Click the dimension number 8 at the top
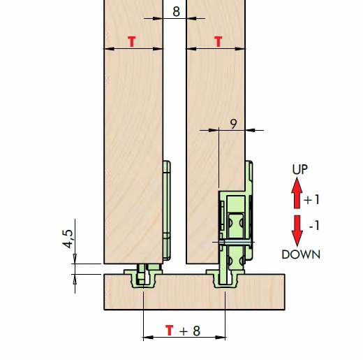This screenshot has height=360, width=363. click(x=176, y=11)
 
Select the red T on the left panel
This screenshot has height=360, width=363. click(x=132, y=42)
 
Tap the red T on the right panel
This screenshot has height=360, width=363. click(x=218, y=42)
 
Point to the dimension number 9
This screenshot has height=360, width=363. click(x=233, y=124)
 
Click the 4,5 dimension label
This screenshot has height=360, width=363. click(x=68, y=239)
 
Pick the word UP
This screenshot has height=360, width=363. click(x=299, y=169)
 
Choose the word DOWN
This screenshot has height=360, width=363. click(x=301, y=254)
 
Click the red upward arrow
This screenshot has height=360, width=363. click(x=297, y=193)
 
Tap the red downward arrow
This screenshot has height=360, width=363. click(x=297, y=231)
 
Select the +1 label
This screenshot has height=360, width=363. click(x=311, y=200)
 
